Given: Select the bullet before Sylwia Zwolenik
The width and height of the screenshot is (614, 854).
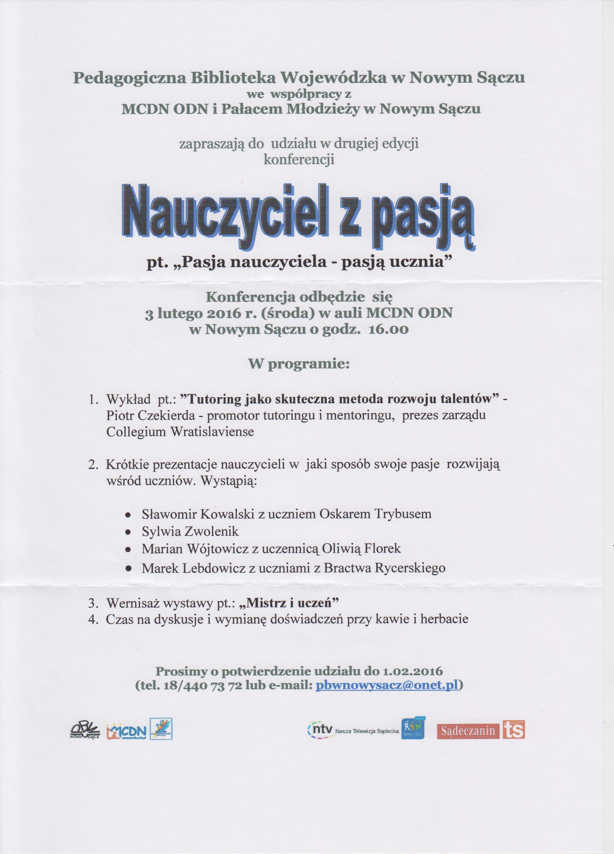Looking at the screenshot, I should [x=128, y=532].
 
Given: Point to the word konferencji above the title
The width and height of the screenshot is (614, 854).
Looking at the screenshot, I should [x=299, y=160].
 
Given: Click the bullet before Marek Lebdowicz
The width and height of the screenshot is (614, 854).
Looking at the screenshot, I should [x=128, y=568].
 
